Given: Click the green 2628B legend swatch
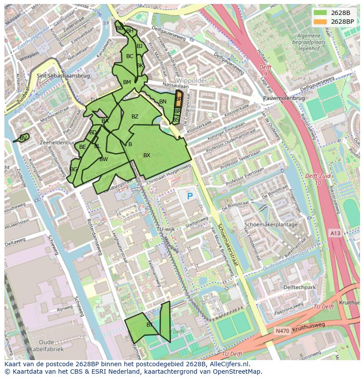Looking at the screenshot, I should click(320, 13).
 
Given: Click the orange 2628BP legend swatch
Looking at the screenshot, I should click(320, 22).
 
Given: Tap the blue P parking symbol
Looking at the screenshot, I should click(190, 196).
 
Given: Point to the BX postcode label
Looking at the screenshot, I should click(147, 155).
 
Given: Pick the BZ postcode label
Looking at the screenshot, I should click(135, 117).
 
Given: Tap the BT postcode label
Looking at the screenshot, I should click(149, 325).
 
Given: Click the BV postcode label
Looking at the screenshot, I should click(23, 138).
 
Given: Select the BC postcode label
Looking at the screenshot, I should click(130, 56).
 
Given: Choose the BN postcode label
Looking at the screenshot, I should click(163, 102).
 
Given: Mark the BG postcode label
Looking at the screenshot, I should click(73, 169).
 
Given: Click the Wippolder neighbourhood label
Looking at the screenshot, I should click(192, 81).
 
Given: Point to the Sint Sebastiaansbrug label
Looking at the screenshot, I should click(63, 76).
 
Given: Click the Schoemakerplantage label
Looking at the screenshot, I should click(271, 224).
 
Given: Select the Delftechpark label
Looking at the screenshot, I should click(300, 287).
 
